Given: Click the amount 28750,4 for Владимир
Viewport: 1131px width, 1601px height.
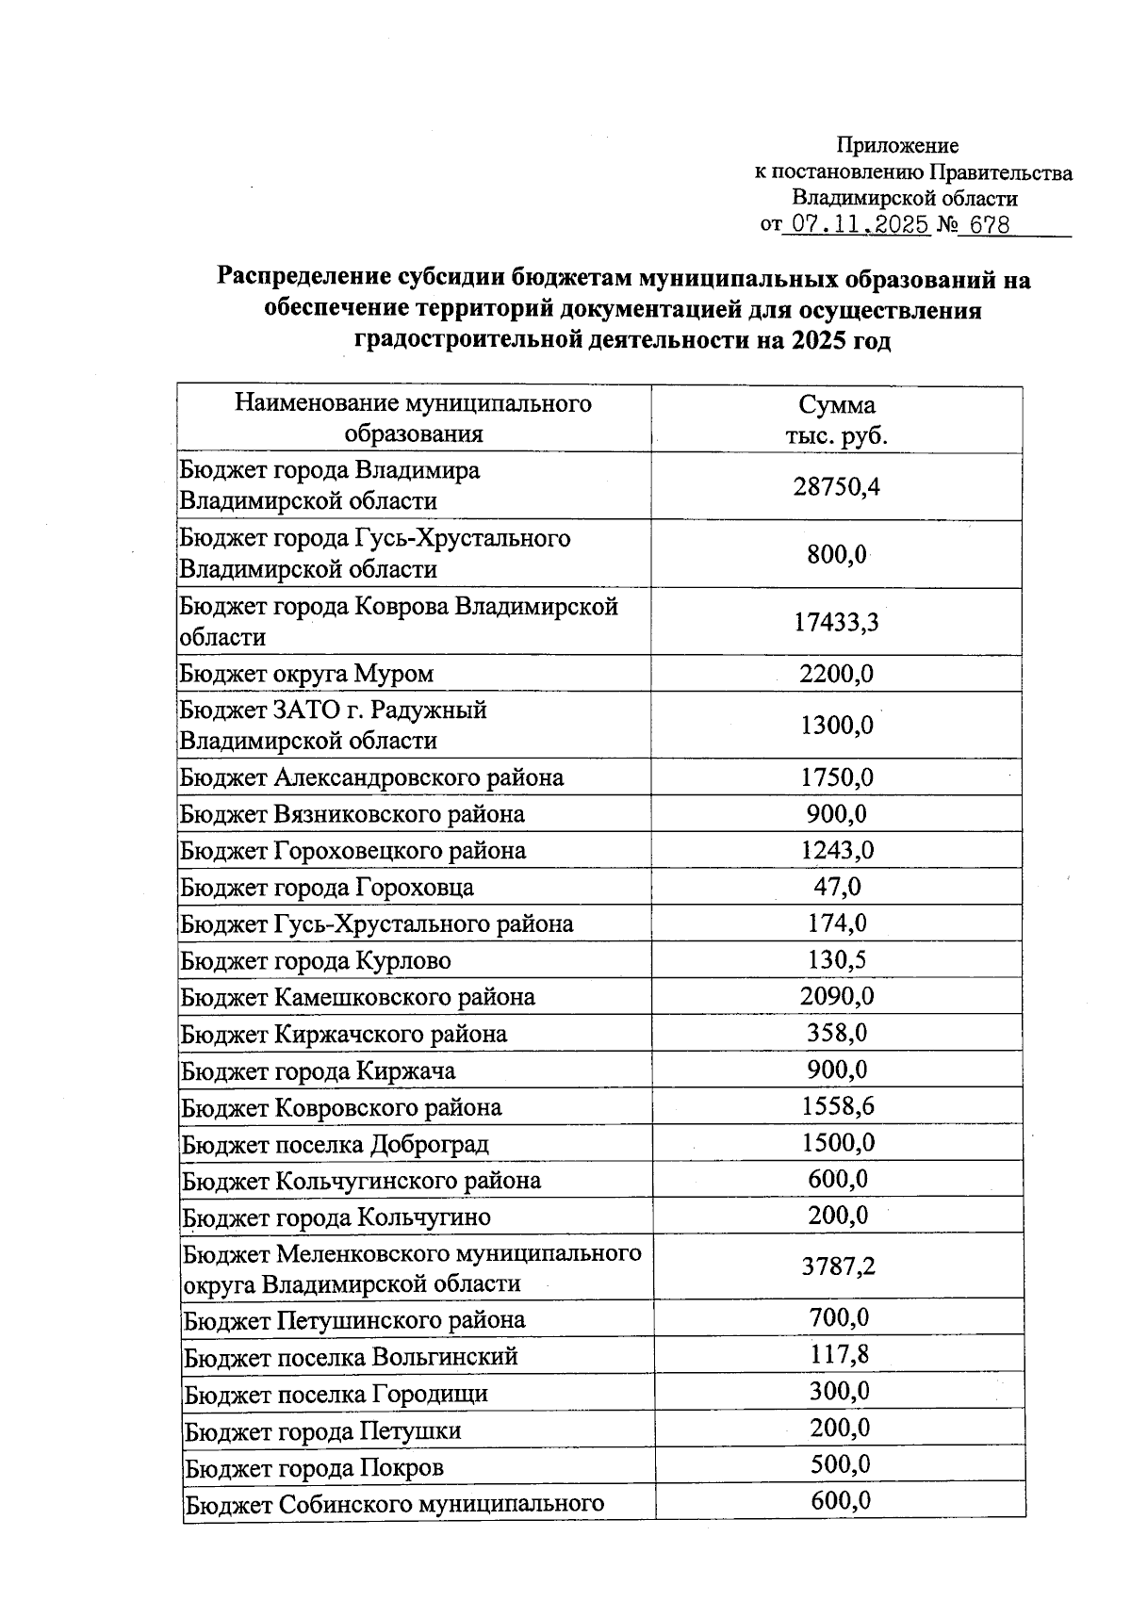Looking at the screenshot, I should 837,486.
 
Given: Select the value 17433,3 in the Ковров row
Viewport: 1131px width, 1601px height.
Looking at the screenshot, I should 837,622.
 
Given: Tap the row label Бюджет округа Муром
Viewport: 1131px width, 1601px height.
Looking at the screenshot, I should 307,674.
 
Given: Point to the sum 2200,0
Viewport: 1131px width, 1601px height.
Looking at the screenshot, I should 837,674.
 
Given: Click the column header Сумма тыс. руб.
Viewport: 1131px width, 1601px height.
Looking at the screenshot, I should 837,420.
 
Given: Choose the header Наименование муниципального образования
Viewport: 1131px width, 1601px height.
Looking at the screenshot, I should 413,418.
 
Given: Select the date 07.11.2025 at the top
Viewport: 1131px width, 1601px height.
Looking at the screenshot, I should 860,225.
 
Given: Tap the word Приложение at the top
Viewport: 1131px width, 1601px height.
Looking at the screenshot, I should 897,145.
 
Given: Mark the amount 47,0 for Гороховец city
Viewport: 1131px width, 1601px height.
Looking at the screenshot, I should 837,887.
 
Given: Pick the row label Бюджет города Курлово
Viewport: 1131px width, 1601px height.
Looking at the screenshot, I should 316,961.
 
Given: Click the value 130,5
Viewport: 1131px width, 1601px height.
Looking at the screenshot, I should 837,960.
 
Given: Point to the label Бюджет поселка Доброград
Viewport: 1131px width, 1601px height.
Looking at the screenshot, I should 335,1145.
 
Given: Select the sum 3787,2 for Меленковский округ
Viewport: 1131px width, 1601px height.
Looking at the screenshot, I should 838,1266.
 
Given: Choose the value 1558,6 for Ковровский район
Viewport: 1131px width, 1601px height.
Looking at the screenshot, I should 838,1106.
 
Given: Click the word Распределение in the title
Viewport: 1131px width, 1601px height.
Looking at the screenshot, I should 301,279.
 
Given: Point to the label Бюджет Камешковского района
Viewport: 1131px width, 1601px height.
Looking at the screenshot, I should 358,997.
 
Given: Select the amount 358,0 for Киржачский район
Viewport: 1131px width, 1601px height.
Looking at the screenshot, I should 837,1033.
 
